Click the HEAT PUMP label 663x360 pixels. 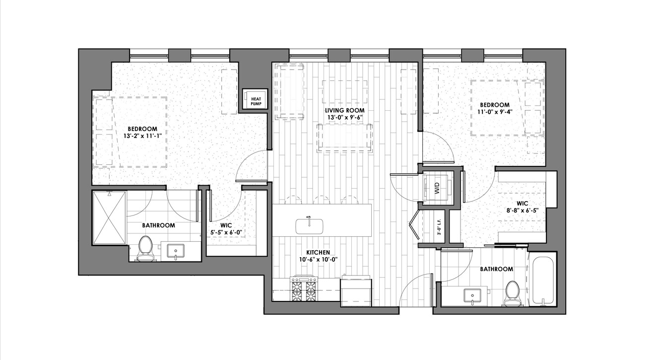point(256,101)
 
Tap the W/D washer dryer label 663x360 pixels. point(438,188)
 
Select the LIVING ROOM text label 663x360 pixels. point(345,110)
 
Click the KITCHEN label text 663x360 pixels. point(318,253)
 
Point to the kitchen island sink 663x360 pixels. point(309,226)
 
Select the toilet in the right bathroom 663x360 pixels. point(512,293)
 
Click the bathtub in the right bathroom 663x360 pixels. point(542,282)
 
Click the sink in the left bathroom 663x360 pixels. point(176,252)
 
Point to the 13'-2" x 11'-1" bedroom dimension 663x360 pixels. point(142,136)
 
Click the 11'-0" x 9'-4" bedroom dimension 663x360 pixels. point(495,112)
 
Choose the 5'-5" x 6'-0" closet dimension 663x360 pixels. point(226,233)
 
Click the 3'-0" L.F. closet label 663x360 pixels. point(439,227)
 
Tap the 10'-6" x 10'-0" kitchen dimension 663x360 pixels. point(318,260)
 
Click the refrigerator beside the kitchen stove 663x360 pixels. point(356,290)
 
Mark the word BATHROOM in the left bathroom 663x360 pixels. point(158,225)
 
